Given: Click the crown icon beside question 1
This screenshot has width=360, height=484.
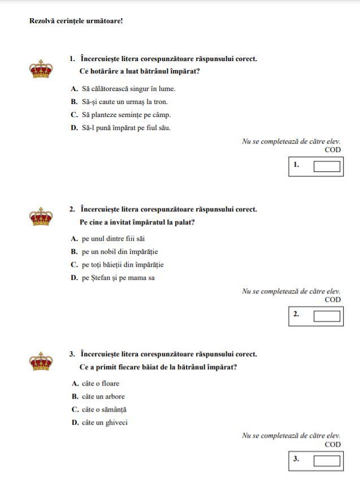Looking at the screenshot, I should pos(41,70).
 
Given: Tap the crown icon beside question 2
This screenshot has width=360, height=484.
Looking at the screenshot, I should pos(41,217).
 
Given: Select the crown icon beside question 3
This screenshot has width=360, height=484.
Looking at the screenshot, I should pos(41,361).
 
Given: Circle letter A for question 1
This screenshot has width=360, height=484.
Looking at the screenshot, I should pos(74,89).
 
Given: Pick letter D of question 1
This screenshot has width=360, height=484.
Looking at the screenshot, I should pos(74,128).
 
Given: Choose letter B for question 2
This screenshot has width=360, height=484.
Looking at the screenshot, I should pos(74,252).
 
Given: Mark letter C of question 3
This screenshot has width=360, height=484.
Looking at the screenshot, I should pos(75,409).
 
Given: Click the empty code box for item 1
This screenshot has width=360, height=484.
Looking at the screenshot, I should pos(327,166).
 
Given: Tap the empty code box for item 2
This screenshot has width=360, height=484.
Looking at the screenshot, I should pos(327,316).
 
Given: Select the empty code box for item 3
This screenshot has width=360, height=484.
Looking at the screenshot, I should pos(327,460).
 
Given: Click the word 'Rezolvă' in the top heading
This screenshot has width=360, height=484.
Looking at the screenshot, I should pos(42,21).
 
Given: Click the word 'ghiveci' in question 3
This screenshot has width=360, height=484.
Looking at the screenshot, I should pos(115,422).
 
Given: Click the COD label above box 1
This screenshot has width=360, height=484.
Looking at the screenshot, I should pos(333,150).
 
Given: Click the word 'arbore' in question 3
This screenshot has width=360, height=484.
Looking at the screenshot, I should pos(114,396).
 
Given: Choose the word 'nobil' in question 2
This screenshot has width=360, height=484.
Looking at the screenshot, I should pos(112,252).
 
